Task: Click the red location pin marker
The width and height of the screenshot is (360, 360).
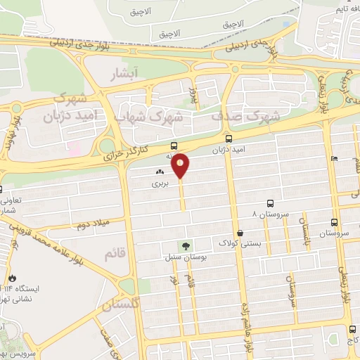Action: pyautogui.click(x=181, y=166)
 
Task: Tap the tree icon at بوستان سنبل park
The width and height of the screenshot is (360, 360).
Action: pyautogui.click(x=186, y=246)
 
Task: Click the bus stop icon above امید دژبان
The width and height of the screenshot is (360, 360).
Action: pyautogui.click(x=229, y=139)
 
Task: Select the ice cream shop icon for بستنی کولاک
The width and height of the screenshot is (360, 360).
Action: pyautogui.click(x=240, y=233)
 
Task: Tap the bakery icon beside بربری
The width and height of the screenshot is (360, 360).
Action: pyautogui.click(x=160, y=172)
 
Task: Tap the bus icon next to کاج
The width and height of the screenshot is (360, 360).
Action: pyautogui.click(x=352, y=329)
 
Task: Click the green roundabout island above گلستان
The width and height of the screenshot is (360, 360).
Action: pyautogui.click(x=126, y=285)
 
